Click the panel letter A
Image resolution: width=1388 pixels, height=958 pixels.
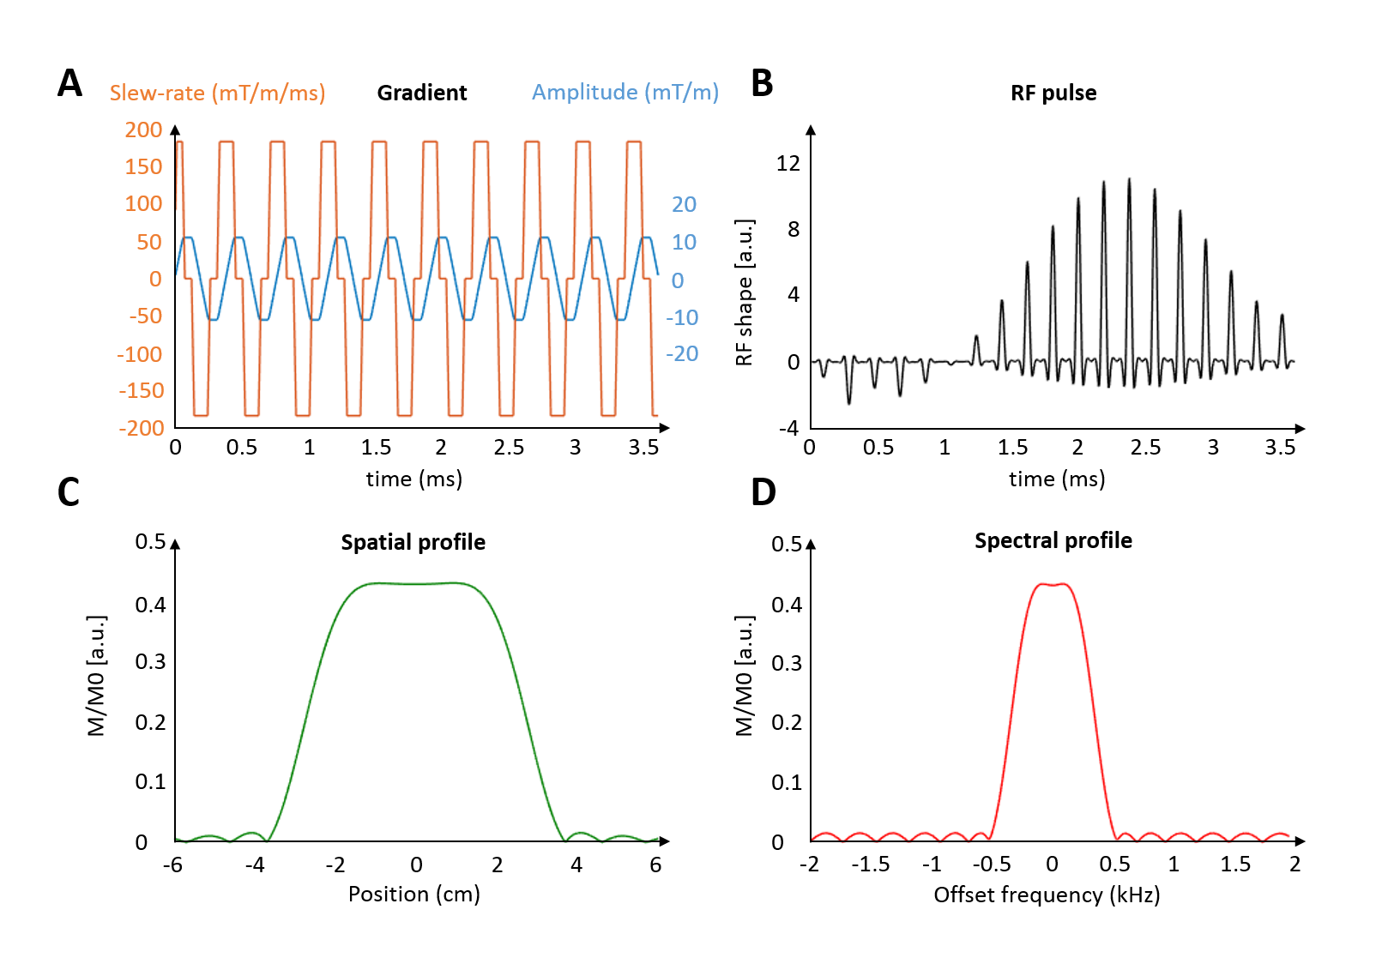(x=69, y=83)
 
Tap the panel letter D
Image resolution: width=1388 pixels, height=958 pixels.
(x=763, y=492)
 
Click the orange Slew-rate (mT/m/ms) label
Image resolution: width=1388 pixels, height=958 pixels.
(x=217, y=93)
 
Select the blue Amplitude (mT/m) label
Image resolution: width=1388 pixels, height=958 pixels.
(x=625, y=92)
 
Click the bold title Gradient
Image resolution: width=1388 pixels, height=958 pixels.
(x=421, y=93)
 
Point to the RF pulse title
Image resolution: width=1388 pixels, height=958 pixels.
(x=1053, y=93)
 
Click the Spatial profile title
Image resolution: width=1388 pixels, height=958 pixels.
(x=413, y=542)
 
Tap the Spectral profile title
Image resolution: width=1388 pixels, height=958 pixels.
(x=1053, y=540)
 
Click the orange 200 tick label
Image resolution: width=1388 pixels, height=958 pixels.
(x=143, y=130)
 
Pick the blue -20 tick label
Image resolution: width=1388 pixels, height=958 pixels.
(x=682, y=353)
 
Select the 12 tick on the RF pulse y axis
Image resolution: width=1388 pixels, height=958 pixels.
(x=788, y=163)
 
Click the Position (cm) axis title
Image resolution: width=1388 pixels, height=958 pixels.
(x=413, y=894)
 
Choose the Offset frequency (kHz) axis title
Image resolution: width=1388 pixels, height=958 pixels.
(x=1047, y=895)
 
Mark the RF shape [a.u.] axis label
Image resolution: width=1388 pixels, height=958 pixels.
(x=745, y=292)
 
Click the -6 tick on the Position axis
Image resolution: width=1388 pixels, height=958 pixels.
(x=172, y=865)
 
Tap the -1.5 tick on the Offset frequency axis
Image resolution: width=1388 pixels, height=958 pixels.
(x=870, y=864)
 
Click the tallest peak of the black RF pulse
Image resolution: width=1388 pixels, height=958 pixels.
(x=1129, y=179)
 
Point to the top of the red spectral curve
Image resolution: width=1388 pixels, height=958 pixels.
(x=1053, y=585)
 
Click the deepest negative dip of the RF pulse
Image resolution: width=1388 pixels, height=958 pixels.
(x=849, y=403)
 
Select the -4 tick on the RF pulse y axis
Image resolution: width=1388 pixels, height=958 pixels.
(x=788, y=427)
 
